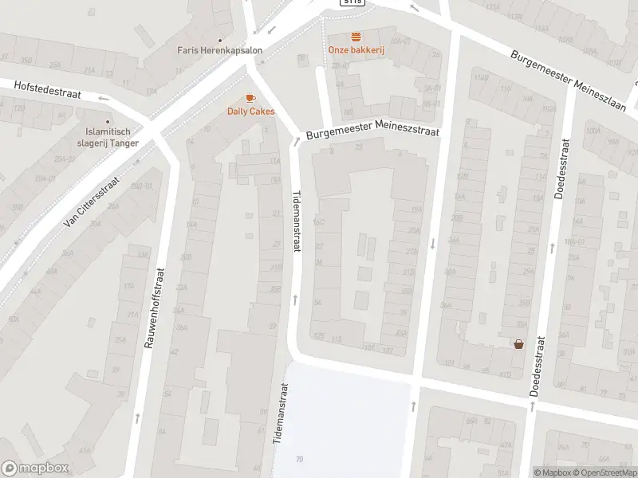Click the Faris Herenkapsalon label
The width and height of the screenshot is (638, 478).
(x=219, y=49)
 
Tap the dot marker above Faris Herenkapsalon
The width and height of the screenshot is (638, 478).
(x=219, y=37)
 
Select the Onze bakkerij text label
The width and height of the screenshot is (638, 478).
(x=356, y=49)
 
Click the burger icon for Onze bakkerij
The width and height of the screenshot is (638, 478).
(x=356, y=37)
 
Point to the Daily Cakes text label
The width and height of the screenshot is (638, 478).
(x=250, y=112)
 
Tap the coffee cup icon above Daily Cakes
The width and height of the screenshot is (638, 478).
(x=250, y=98)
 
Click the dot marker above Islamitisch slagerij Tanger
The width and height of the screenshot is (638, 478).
(x=108, y=121)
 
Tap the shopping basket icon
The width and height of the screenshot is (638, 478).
(x=519, y=344)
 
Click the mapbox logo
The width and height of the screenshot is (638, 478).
(x=35, y=468)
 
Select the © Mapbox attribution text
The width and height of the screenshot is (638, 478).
(x=553, y=472)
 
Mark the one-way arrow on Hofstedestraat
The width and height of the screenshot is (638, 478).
(x=104, y=98)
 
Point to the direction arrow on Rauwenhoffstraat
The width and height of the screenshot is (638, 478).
(x=138, y=417)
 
